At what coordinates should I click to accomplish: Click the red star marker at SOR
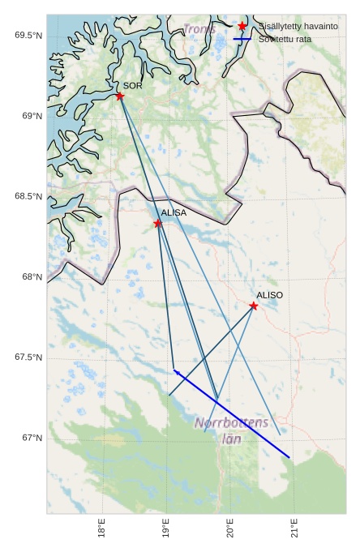pos(120,96)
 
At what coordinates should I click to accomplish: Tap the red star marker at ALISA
pos(158,223)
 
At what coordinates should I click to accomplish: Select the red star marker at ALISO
pos(254,306)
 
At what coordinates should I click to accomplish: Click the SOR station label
pos(133,85)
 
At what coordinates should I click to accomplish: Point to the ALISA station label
pos(174,212)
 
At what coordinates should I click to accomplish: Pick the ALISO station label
pos(270,295)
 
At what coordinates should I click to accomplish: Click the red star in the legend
pos(242,27)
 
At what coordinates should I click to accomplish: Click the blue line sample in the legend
pos(242,39)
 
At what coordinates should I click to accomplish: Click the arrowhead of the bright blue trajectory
pos(175,371)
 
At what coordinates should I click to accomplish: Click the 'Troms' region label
pos(199,29)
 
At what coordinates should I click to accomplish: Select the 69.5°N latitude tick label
pos(28,36)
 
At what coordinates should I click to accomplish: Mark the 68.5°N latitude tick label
pos(28,197)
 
